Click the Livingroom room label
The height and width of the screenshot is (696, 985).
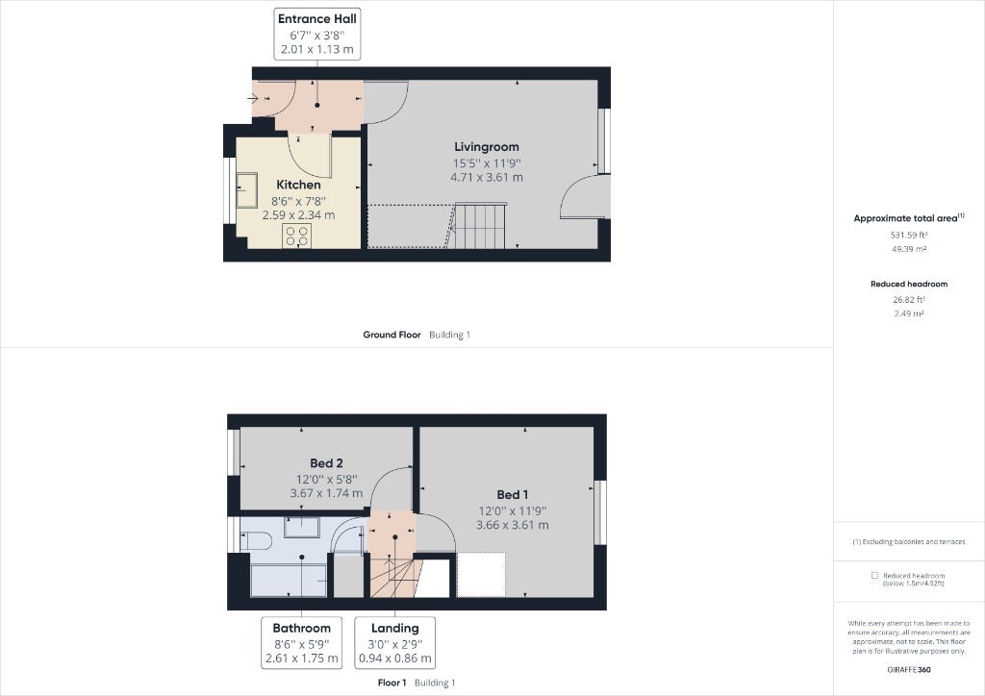pos(487,147)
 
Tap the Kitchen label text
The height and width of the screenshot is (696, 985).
pos(298,185)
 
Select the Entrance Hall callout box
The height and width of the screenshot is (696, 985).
pos(317,34)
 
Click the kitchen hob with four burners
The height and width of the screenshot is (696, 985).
pos(296,236)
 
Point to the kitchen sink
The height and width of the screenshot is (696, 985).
pos(246,190)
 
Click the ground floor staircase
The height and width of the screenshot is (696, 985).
pos(480,225)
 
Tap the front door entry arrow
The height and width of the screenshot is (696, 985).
pos(253,98)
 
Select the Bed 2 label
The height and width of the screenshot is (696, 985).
pos(327,463)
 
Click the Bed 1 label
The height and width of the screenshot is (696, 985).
pos(513,494)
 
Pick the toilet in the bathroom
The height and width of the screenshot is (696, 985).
pos(256,540)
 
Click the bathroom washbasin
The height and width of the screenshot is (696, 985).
pos(302,527)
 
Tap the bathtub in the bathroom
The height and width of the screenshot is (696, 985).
pos(289,581)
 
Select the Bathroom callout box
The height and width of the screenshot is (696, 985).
pos(301,643)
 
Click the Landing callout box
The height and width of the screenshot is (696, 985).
pos(395,643)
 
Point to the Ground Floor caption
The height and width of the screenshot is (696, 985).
pos(392,335)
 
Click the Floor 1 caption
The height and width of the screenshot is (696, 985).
pos(392,683)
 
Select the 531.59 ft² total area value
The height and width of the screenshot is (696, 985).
pos(909,236)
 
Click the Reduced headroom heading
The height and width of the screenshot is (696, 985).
pos(909,284)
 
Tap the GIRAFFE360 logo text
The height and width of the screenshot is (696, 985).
pos(909,670)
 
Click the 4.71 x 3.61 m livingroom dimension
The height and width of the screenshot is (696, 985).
pos(487,177)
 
